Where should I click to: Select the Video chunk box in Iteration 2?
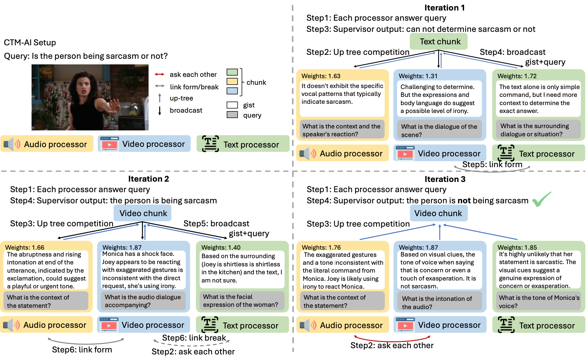[x=143, y=213]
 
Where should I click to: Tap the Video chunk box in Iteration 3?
[x=438, y=213]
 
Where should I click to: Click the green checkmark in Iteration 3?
[x=541, y=199]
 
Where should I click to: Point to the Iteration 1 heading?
[x=444, y=8]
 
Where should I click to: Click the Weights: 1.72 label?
[x=517, y=76]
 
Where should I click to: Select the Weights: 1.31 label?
[x=418, y=76]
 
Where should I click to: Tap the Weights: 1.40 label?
[x=221, y=247]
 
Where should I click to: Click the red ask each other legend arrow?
[x=159, y=75]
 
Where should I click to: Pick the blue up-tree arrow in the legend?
[x=160, y=98]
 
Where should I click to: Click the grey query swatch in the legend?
[x=232, y=115]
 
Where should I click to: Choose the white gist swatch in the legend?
[x=232, y=105]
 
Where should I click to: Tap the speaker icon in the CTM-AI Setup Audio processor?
[x=12, y=144]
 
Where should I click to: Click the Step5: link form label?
[x=492, y=164]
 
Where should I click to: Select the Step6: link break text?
[x=194, y=338]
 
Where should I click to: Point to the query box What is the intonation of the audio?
[x=437, y=303]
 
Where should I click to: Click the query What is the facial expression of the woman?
[x=240, y=301]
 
